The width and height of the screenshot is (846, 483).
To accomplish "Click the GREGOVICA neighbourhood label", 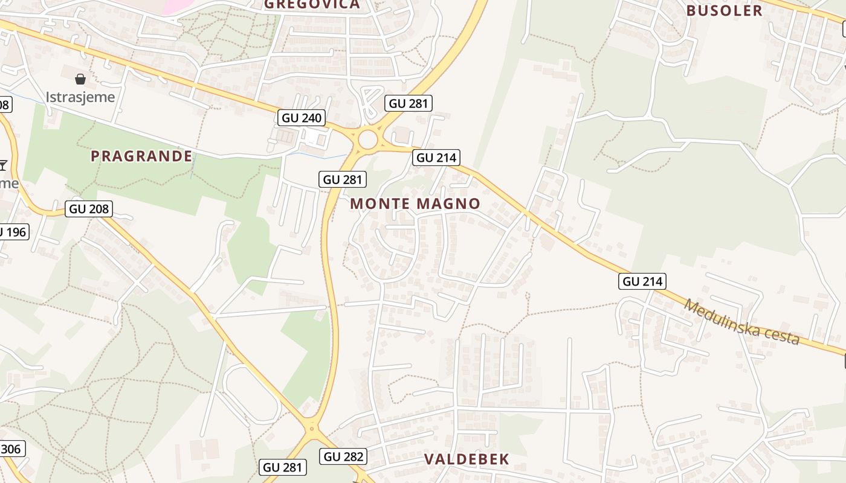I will tap(312, 5).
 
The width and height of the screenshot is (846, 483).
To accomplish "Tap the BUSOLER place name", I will tap(725, 11).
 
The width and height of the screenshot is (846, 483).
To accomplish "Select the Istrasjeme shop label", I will tap(80, 97).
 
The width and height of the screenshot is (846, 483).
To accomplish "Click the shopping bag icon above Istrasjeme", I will tap(80, 79).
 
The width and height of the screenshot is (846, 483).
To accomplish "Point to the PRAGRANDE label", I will tap(141, 156).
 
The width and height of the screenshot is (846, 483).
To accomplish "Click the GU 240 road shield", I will tap(302, 118).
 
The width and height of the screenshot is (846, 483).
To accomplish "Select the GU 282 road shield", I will tap(344, 456).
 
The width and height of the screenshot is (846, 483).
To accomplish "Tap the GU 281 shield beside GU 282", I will tap(284, 467).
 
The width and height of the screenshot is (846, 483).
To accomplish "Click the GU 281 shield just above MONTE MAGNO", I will tap(343, 179).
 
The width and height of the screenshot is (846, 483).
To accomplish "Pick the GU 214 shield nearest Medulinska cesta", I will tap(642, 281).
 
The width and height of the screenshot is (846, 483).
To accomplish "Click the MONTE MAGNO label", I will tap(415, 204).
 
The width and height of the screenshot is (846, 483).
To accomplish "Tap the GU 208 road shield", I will tap(89, 210).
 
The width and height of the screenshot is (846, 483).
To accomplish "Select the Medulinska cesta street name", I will tap(741, 322).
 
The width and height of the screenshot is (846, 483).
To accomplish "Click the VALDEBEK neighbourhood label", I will tap(467, 459).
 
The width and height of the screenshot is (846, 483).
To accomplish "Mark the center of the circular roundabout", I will tap(368, 140).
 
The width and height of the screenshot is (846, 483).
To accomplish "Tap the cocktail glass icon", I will tap(4, 165).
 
